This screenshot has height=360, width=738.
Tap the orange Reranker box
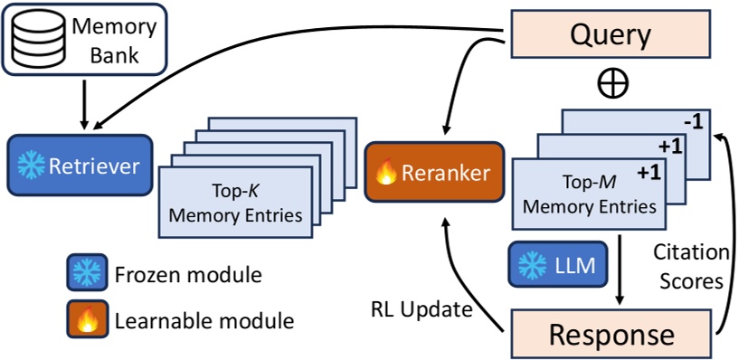433,173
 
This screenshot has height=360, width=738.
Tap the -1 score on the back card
695,121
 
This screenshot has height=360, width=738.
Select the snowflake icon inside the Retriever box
33,166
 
